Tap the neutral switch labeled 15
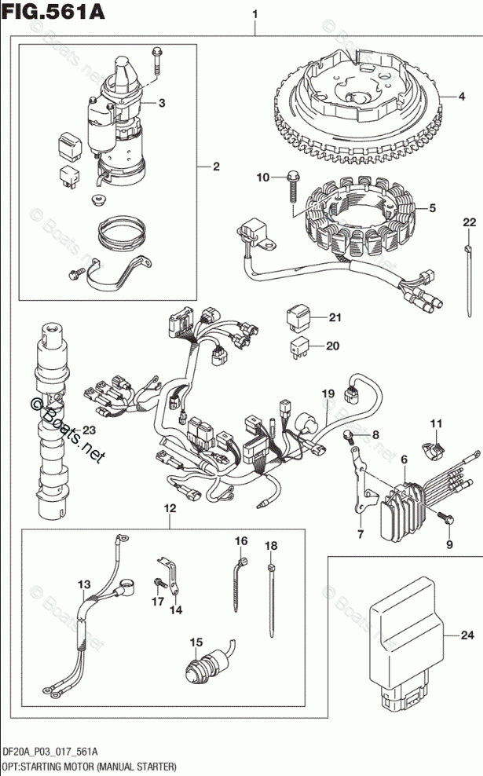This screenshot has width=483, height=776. tap(206, 673)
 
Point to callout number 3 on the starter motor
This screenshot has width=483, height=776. tap(161, 103)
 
